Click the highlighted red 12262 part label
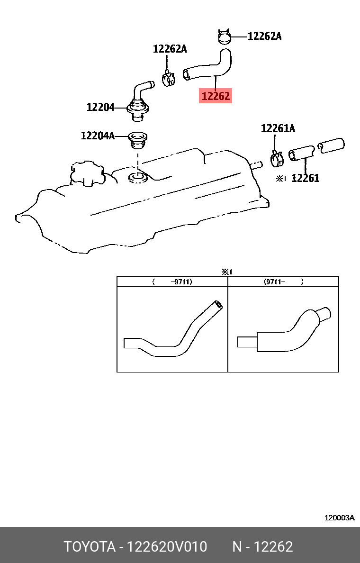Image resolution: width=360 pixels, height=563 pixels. tap(216, 96)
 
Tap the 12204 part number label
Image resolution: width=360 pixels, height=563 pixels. tap(100, 108)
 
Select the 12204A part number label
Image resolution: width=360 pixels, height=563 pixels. tap(98, 136)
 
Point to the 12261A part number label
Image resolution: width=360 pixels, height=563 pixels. tap(278, 128)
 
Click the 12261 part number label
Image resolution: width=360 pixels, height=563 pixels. tap(305, 178)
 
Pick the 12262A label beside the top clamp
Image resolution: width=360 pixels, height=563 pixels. tap(264, 36)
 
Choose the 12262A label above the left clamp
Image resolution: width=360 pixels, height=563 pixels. tap(170, 49)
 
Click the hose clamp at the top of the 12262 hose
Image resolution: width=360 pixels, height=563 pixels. tap(225, 36)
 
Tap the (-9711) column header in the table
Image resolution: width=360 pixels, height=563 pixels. tap(172, 281)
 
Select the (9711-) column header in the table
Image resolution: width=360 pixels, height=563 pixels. tap(283, 281)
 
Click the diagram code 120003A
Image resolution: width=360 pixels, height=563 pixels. tap(339, 518)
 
